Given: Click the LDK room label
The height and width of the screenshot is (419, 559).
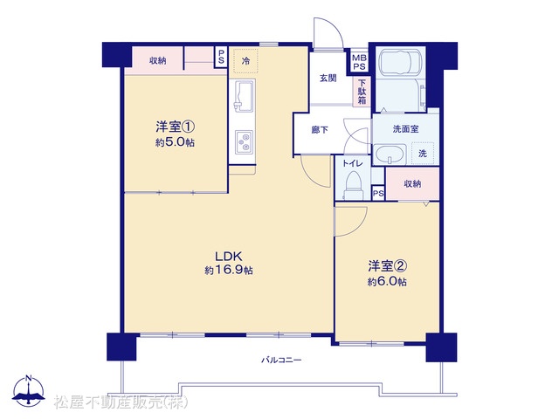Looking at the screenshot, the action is pyautogui.click(x=229, y=256).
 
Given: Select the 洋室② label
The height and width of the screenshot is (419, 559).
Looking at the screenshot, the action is pyautogui.click(x=388, y=265).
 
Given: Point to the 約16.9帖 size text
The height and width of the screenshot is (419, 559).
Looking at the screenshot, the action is pyautogui.click(x=229, y=271).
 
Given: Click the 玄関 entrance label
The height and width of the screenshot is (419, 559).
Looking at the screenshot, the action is pyautogui.click(x=328, y=78).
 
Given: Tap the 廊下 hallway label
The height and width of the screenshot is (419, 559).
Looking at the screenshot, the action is pyautogui.click(x=320, y=130).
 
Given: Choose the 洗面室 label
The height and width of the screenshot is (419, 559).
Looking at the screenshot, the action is pyautogui.click(x=405, y=129).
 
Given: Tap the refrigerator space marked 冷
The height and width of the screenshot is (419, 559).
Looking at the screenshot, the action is pyautogui.click(x=245, y=61).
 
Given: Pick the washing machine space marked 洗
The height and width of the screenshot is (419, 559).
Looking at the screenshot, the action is pyautogui.click(x=423, y=154).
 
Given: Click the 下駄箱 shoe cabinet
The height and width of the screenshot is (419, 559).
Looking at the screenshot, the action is pyautogui.click(x=362, y=92).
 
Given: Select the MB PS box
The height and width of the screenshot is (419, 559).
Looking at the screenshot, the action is pyautogui.click(x=359, y=62).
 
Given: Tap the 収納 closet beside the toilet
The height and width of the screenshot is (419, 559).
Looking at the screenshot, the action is pyautogui.click(x=412, y=184).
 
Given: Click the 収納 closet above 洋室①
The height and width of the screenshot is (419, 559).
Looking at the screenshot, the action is pyautogui.click(x=157, y=61).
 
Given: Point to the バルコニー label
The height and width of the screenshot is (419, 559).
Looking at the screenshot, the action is pyautogui.click(x=281, y=361).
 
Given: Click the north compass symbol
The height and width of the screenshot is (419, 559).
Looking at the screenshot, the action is pyautogui.click(x=29, y=391).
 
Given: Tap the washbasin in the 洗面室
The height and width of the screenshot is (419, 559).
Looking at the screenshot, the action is pyautogui.click(x=390, y=155).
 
